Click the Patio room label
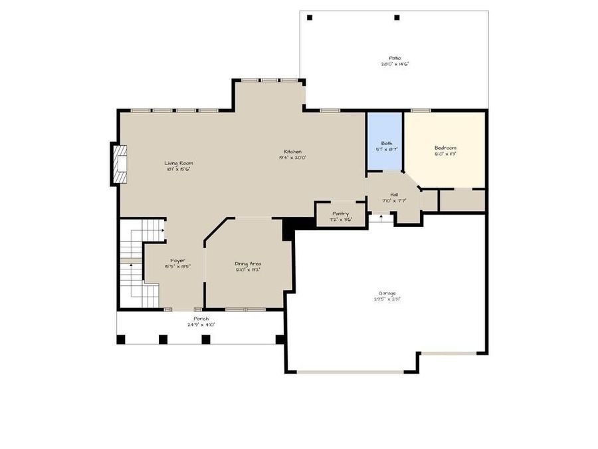pyautogui.click(x=394, y=58)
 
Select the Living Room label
pyautogui.click(x=179, y=163)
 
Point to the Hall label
pyautogui.click(x=394, y=194)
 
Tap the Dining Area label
pyautogui.click(x=247, y=263)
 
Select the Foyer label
pyautogui.click(x=177, y=260)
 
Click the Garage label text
pyautogui.click(x=387, y=293)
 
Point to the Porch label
pyautogui.click(x=201, y=319)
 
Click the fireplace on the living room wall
pyautogui.click(x=119, y=164)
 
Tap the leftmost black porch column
pyautogui.click(x=121, y=339)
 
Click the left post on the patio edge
pyautogui.click(x=310, y=17)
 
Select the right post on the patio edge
pyautogui.click(x=397, y=17)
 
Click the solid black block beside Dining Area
pyautogui.click(x=290, y=229)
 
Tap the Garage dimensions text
pyautogui.click(x=387, y=299)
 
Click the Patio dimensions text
pyautogui.click(x=394, y=65)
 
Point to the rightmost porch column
pyautogui.click(x=280, y=339)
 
